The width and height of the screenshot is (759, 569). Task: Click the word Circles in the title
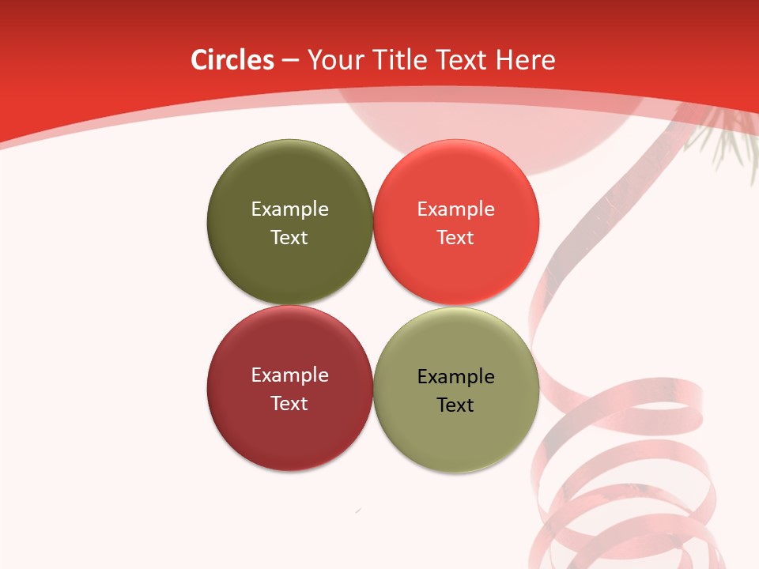[x=232, y=60]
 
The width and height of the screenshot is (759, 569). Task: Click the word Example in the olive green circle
[x=289, y=209]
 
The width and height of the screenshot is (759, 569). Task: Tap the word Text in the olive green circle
[x=289, y=238]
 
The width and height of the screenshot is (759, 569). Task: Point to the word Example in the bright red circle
[x=455, y=209]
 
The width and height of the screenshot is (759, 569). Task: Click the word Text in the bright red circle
[x=455, y=238]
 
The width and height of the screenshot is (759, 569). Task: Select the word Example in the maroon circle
[x=289, y=375]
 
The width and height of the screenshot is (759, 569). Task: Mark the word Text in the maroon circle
[x=289, y=404]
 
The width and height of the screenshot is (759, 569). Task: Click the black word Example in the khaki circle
[x=455, y=377]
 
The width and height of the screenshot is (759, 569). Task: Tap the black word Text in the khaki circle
[x=455, y=405]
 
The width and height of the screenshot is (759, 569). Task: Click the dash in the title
[x=290, y=61]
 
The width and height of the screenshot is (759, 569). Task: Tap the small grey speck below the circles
[x=358, y=511]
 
